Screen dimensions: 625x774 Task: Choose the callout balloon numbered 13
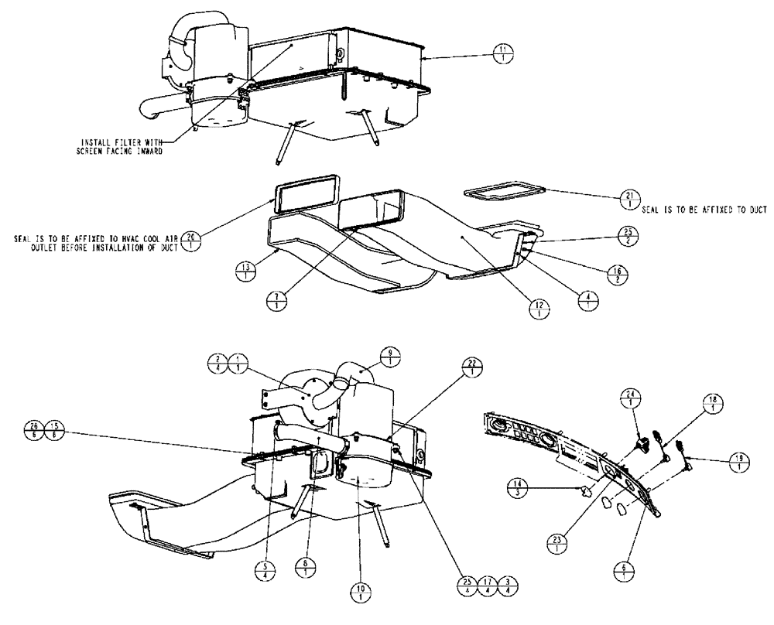[x=245, y=272]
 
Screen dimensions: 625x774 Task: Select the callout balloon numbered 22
[x=470, y=367]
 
